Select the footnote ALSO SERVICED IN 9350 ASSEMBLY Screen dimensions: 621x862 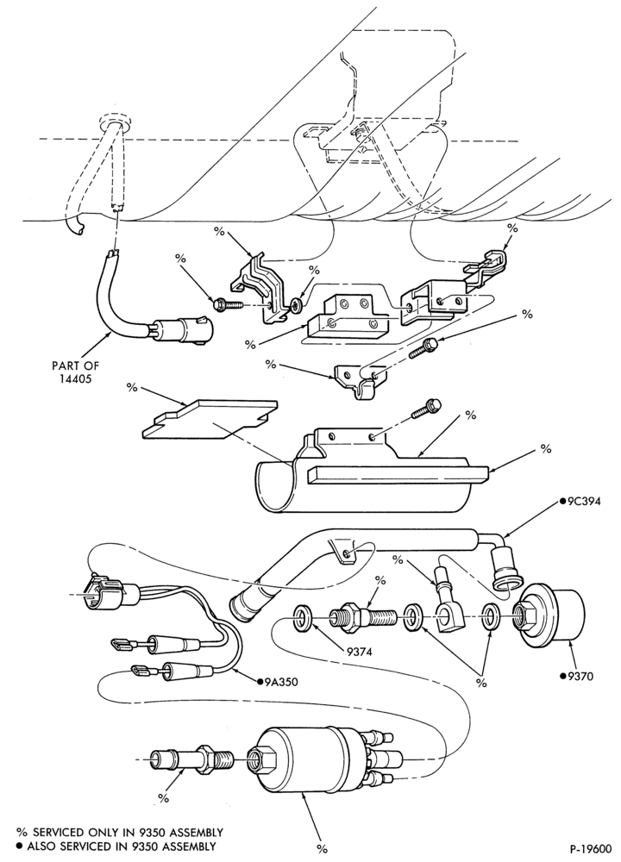point(116,846)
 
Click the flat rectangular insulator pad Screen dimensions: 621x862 point(209,418)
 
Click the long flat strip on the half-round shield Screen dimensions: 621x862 point(398,472)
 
